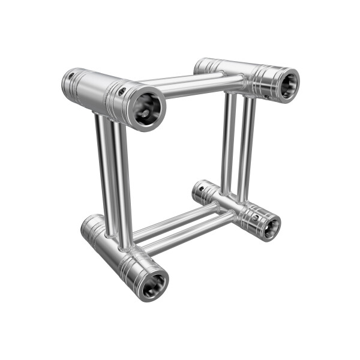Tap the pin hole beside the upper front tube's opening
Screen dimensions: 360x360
[x=122, y=92]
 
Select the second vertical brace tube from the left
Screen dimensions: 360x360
[x=122, y=180]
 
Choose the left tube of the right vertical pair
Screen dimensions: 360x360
[x=229, y=144]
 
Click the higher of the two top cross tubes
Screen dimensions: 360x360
[x=180, y=79]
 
